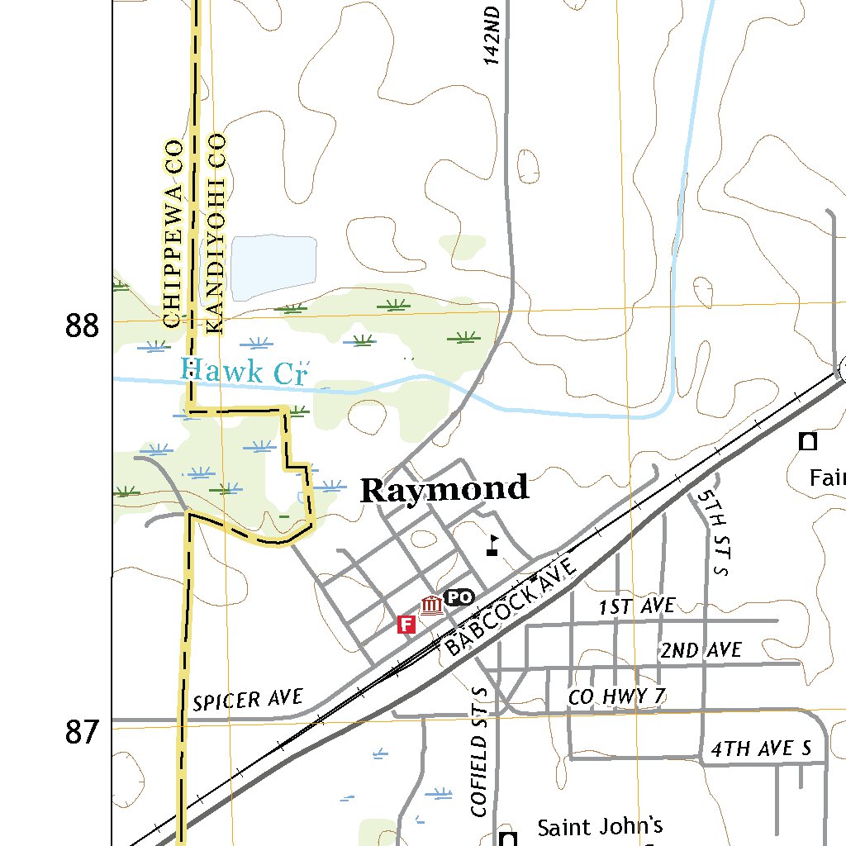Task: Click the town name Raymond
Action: [x=444, y=490]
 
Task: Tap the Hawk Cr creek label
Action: [x=243, y=372]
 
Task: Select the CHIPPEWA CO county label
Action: [x=172, y=234]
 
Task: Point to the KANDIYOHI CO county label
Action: [x=216, y=234]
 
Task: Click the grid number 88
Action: [x=82, y=327]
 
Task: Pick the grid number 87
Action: [x=82, y=732]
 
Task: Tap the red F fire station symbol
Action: [x=406, y=624]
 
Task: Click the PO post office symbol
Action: [x=459, y=597]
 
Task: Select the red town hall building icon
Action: [x=430, y=607]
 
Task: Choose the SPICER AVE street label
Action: [x=248, y=701]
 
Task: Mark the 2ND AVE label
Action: [x=701, y=650]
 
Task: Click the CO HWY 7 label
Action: [x=616, y=697]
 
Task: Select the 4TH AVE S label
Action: [x=762, y=749]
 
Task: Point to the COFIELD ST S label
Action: [x=481, y=752]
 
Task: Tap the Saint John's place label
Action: [x=600, y=826]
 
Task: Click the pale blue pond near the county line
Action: [x=273, y=266]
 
